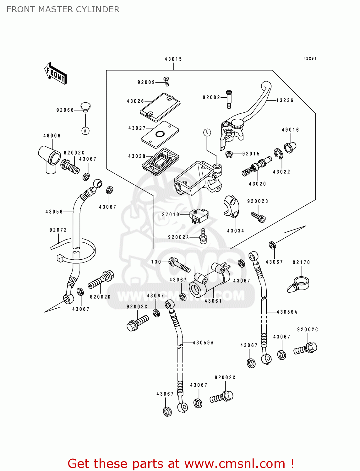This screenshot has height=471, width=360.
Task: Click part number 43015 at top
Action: [173, 59]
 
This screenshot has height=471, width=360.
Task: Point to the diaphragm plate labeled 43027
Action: [160, 134]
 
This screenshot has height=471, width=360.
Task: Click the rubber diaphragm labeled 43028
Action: [161, 161]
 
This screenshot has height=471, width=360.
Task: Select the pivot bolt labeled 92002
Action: [229, 99]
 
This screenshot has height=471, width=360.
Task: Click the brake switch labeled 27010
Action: [199, 216]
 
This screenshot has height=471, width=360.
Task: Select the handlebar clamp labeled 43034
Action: [232, 206]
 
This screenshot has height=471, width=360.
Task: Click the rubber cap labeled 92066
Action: [85, 107]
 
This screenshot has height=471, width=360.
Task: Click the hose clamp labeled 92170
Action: [299, 284]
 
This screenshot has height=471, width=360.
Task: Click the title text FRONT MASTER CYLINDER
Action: [63, 9]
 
